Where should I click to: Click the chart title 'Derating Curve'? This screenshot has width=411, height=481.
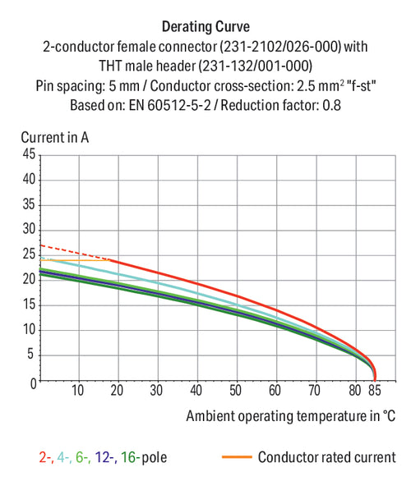[x=205, y=27]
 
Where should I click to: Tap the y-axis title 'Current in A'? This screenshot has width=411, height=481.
[x=55, y=137]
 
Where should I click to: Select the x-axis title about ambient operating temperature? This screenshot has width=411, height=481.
[x=291, y=416]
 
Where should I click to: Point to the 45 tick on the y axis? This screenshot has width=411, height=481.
[x=30, y=153]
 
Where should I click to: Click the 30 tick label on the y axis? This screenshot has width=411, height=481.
[x=30, y=229]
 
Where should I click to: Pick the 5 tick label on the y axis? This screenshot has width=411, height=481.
[x=30, y=355]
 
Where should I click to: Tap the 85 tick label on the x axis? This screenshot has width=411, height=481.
[x=375, y=391]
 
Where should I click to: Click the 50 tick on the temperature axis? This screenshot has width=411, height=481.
[x=235, y=391]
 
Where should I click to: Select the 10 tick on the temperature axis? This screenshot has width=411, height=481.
[x=77, y=391]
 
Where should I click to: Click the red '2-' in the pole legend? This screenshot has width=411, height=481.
[x=46, y=457]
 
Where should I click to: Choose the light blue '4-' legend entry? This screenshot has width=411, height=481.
[x=64, y=457]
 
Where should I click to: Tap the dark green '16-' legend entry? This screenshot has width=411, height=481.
[x=131, y=457]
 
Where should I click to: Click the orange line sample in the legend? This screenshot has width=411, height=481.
[x=237, y=457]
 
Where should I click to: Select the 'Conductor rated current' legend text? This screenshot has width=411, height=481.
[x=327, y=457]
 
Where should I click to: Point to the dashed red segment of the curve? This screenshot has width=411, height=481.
[x=76, y=253]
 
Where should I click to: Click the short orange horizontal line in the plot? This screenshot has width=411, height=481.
[x=76, y=260]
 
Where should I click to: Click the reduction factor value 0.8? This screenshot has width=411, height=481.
[x=331, y=106]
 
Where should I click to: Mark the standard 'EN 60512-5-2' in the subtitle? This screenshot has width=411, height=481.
[x=170, y=106]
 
